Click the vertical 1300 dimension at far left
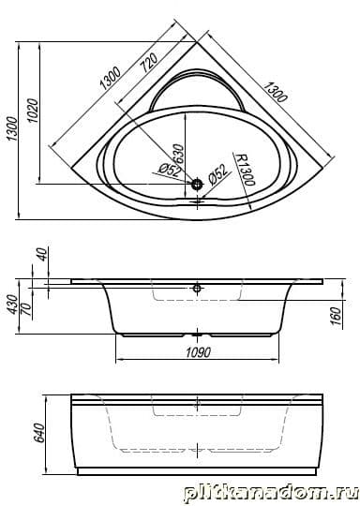coord(12,128)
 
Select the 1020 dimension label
coord(34,111)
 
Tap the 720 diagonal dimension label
coord(149,62)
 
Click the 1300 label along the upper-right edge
coord(275,92)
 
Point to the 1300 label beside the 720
coord(111,78)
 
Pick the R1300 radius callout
coord(244,170)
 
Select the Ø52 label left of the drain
coord(169,170)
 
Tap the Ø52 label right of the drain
coord(217,174)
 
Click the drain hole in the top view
coord(197,185)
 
